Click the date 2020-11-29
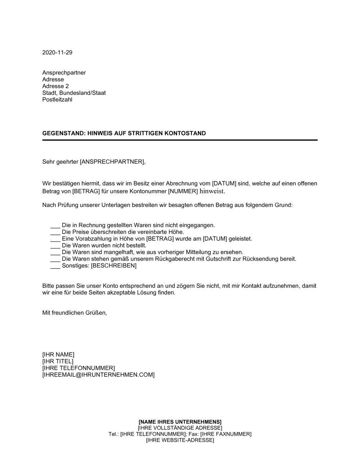point(57,53)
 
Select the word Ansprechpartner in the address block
point(64,73)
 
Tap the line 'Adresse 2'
point(55,86)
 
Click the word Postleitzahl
point(57,100)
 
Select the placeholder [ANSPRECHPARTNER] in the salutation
point(112,162)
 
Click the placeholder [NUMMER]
point(183,192)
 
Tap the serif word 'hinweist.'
point(214,192)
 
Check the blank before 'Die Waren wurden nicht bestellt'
point(55,246)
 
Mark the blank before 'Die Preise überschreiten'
point(55,232)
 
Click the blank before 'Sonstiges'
point(55,266)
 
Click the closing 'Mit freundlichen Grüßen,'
point(75,313)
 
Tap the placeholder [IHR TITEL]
point(58,361)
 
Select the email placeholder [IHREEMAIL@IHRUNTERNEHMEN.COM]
point(98,375)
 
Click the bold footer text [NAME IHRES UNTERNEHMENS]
point(180,422)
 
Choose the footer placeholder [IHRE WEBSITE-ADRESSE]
point(180,441)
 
